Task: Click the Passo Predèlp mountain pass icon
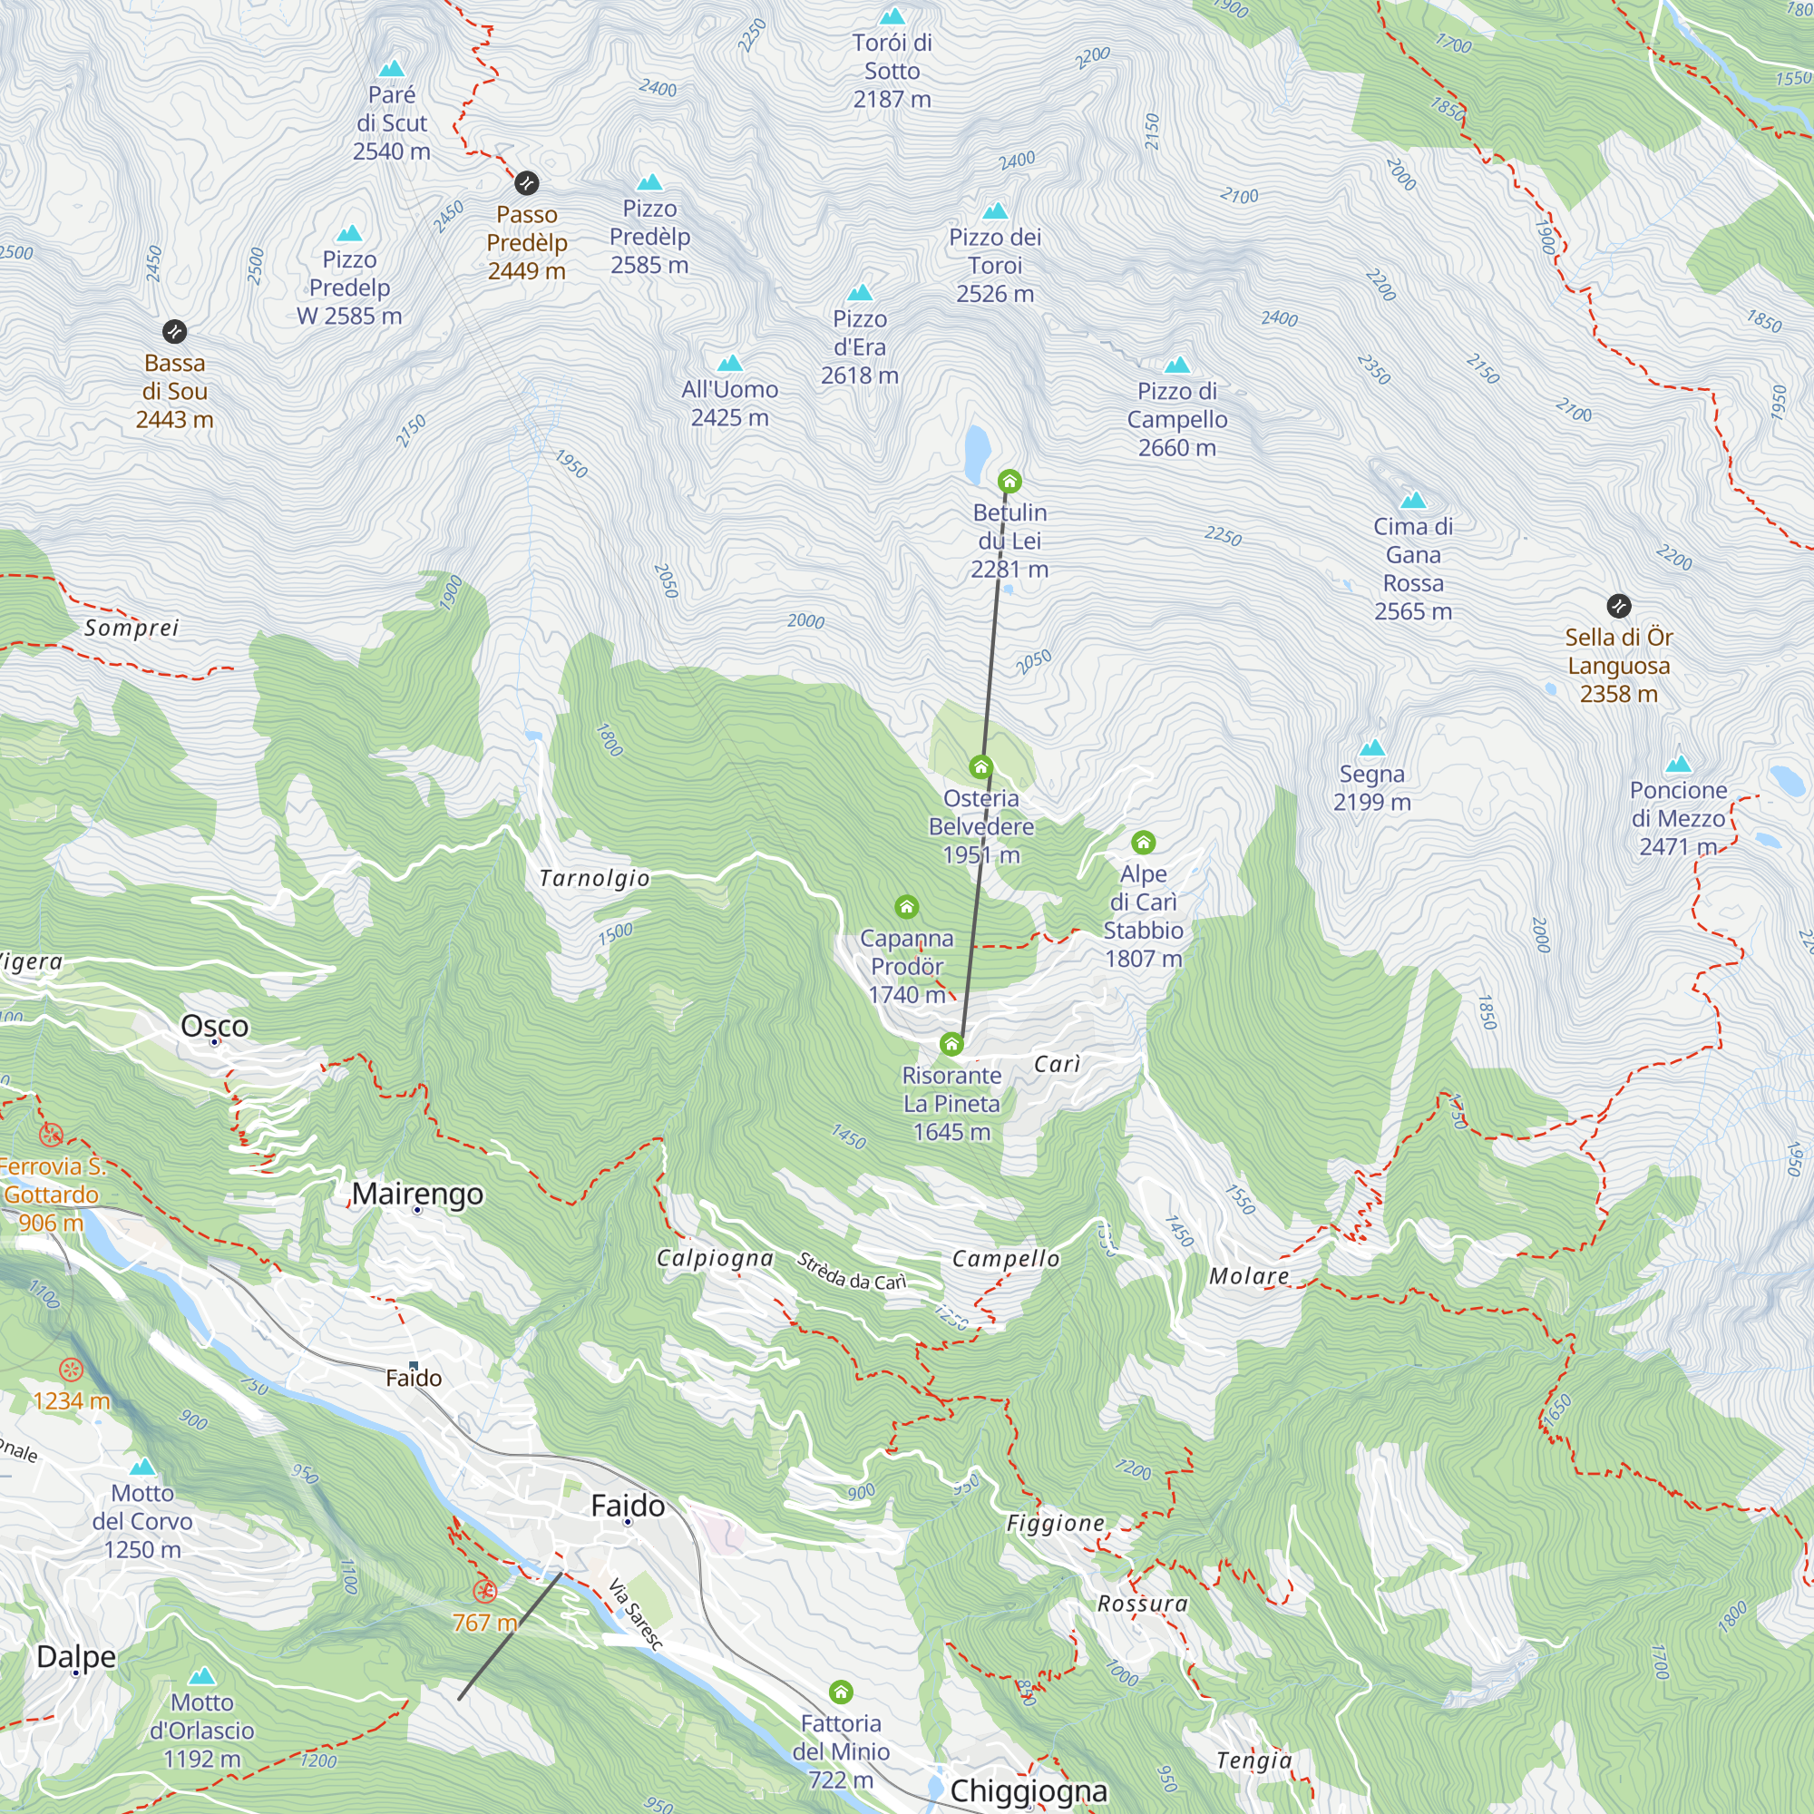(527, 182)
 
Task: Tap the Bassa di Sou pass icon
(175, 330)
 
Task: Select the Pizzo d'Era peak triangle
(860, 292)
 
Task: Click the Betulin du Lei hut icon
(1009, 482)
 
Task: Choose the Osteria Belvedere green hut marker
(981, 767)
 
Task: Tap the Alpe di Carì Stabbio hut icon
(1143, 843)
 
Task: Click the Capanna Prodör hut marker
(906, 907)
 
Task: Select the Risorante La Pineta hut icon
(951, 1044)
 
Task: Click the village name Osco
(215, 1025)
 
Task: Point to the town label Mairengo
(418, 1194)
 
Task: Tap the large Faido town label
(628, 1505)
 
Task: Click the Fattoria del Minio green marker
(842, 1692)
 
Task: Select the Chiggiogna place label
(1029, 1790)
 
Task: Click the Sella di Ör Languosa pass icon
(1619, 606)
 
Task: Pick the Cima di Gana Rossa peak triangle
(1413, 501)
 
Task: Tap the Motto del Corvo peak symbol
(142, 1467)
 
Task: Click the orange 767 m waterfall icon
(484, 1591)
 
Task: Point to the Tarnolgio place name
(594, 878)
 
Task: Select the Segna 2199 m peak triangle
(1371, 748)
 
